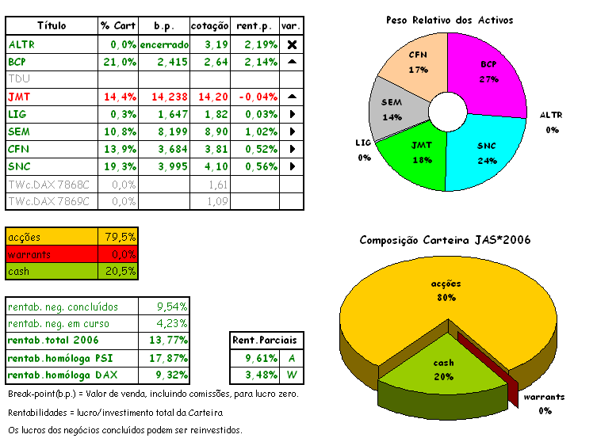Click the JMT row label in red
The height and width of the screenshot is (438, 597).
(18, 97)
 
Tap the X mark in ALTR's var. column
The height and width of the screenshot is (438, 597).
(291, 44)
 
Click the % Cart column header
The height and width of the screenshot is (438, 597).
(118, 26)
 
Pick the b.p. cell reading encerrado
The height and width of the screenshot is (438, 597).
(164, 44)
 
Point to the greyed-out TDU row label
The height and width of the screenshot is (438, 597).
(17, 79)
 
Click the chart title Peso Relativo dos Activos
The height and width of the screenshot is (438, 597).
(449, 19)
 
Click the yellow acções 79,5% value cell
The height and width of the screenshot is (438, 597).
(119, 236)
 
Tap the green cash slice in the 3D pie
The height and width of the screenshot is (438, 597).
(443, 368)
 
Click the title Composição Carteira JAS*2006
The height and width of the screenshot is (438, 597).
(445, 240)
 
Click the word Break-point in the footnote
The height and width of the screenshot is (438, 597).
(30, 394)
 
